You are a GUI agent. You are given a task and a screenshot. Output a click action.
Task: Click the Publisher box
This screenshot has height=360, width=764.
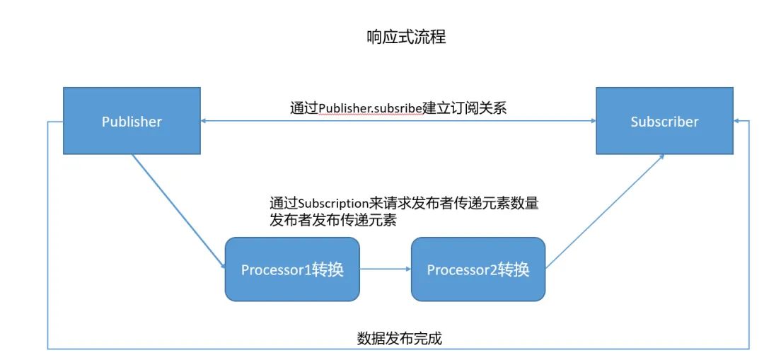pyautogui.click(x=132, y=121)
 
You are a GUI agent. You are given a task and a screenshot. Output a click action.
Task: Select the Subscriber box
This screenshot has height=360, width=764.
pyautogui.click(x=664, y=121)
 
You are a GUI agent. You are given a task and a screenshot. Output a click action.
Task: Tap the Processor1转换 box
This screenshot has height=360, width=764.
pyautogui.click(x=292, y=269)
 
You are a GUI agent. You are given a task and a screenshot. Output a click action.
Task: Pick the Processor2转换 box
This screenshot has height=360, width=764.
pyautogui.click(x=478, y=269)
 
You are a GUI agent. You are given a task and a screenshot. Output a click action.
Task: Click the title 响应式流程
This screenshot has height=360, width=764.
pyautogui.click(x=405, y=37)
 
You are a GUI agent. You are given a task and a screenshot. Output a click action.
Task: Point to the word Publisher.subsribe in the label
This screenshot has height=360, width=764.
pyautogui.click(x=370, y=108)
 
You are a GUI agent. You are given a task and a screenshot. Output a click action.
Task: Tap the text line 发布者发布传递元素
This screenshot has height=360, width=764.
pyautogui.click(x=332, y=220)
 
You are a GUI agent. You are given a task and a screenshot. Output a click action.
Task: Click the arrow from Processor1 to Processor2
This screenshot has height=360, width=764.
pyautogui.click(x=386, y=269)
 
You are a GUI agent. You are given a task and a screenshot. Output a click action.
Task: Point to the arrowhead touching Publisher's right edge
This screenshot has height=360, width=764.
pyautogui.click(x=204, y=121)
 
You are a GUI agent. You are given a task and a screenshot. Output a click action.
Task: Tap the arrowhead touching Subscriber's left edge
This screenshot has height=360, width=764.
pyautogui.click(x=592, y=121)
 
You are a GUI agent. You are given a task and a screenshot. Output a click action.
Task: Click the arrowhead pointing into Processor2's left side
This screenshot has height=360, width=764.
pyautogui.click(x=408, y=269)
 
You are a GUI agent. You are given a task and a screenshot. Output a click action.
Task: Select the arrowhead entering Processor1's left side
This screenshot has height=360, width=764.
pyautogui.click(x=221, y=267)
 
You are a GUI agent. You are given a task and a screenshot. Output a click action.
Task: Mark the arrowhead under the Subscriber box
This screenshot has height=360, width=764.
pyautogui.click(x=661, y=157)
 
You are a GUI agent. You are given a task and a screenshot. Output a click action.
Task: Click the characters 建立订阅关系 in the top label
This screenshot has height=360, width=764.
pyautogui.click(x=464, y=108)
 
